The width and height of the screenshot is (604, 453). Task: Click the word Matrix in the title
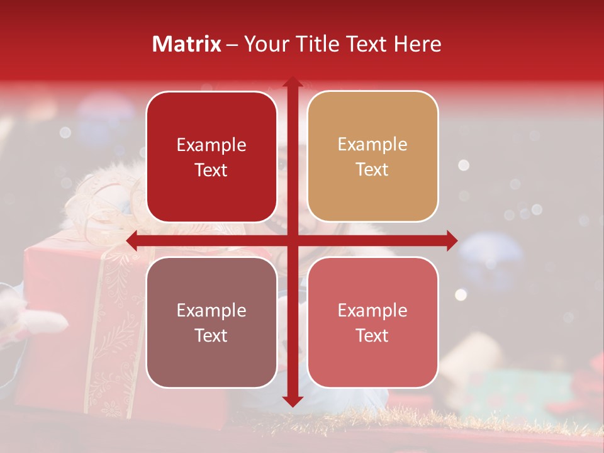pos(187,44)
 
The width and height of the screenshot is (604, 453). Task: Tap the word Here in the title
pos(418,44)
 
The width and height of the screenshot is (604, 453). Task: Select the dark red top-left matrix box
pos(211,157)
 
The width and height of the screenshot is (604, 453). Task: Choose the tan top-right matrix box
pos(372,157)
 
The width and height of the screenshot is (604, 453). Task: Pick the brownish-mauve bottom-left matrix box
pos(211,322)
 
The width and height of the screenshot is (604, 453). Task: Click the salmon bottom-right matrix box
pos(372,322)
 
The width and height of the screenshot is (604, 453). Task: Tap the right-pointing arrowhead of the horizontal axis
pos(452,241)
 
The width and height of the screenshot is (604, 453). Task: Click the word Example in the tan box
pos(372,145)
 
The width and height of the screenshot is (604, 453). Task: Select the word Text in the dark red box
pos(211,170)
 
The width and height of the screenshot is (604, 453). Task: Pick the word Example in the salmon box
pos(372,310)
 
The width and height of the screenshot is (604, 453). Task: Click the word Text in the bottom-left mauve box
pos(211,335)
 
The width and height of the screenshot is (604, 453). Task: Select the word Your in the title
pos(264,44)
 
